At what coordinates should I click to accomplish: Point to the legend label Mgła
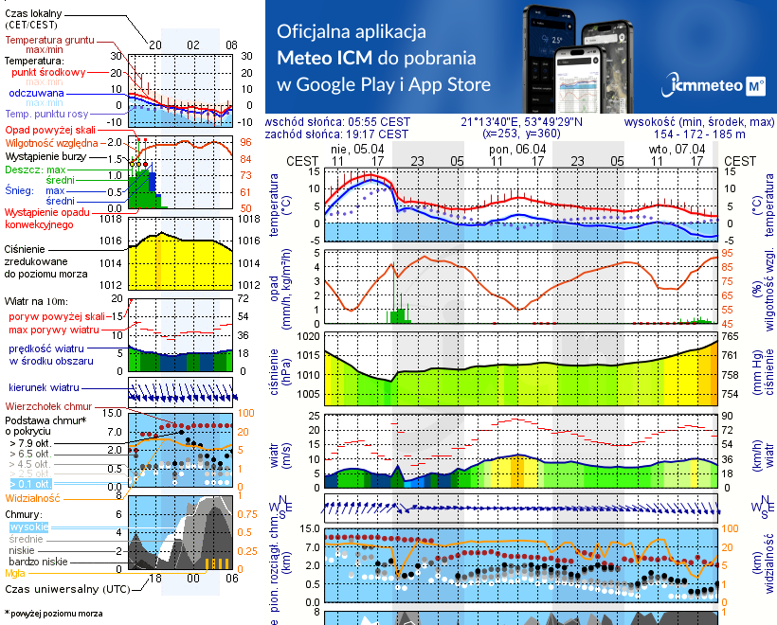point(15,572)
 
